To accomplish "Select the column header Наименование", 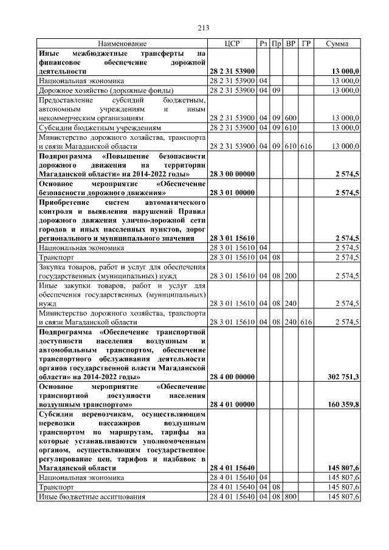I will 122,44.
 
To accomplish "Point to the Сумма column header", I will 337,44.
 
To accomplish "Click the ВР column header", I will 291,44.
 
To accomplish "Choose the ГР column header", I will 306,44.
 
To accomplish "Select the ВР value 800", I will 291,497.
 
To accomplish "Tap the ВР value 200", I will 291,276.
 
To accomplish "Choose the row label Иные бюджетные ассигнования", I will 92,497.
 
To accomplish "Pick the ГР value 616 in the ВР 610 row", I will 306,146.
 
